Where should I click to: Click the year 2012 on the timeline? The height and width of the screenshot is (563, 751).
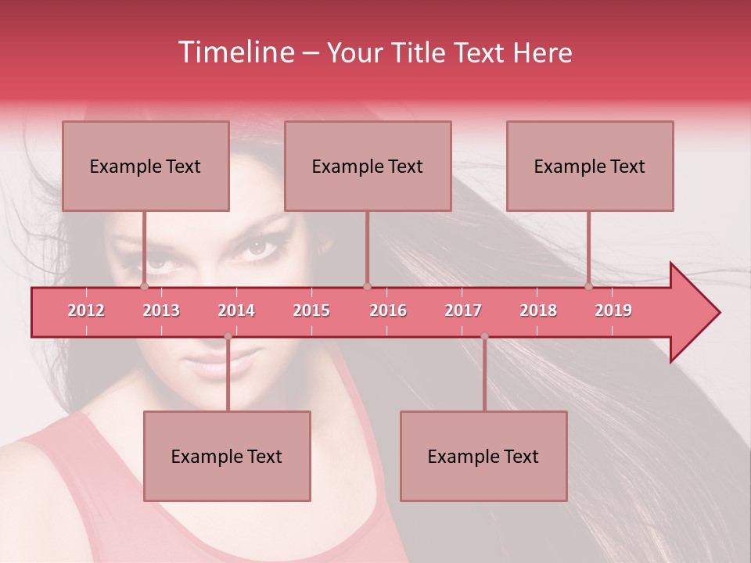click(x=86, y=310)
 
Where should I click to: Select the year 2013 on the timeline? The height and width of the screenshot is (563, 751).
click(x=161, y=310)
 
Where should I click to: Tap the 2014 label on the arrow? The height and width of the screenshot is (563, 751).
click(x=236, y=310)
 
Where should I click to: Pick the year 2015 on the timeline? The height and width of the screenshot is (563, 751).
click(x=311, y=310)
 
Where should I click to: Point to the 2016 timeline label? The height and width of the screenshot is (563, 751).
click(x=388, y=310)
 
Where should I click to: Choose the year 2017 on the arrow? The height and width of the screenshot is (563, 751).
click(x=463, y=310)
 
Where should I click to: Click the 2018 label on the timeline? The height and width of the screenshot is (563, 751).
click(x=538, y=310)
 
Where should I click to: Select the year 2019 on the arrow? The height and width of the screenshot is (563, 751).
click(x=613, y=310)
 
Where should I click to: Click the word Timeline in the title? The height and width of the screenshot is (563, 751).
click(x=235, y=52)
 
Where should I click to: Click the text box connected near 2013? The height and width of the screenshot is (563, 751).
click(x=146, y=166)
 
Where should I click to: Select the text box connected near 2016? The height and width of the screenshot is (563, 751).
click(x=368, y=166)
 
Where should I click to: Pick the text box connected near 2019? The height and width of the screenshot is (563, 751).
click(x=590, y=166)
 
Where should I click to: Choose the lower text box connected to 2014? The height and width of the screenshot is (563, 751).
click(x=227, y=456)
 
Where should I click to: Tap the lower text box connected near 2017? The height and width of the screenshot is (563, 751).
click(x=483, y=456)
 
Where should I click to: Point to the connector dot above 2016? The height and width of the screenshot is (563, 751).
click(x=368, y=286)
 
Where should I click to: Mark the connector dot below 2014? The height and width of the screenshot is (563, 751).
click(x=228, y=336)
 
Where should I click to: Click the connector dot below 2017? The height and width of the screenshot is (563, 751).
click(x=484, y=336)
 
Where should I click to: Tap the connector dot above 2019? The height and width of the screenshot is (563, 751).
click(x=589, y=286)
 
